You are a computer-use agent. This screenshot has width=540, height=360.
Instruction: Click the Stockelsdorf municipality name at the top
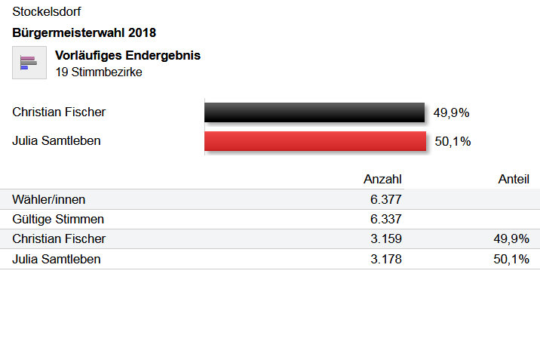coord(47,12)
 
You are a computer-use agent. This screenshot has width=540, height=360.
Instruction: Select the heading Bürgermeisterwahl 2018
coord(84,32)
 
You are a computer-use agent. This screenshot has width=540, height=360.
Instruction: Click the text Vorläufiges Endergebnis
coord(127,56)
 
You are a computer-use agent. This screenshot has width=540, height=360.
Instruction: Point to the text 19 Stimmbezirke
coord(99,72)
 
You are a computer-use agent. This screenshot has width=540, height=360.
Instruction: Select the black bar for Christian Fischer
coord(314,112)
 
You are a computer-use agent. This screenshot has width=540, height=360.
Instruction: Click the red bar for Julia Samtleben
coord(315,141)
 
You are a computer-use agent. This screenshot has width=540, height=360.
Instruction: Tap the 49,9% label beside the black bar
coord(451,113)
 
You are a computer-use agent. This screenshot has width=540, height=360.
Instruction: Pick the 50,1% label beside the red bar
coord(453,141)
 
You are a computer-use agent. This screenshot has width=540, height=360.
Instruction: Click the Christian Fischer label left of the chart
coord(59,112)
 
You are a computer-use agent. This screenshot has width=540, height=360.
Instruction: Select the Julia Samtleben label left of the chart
coord(57,140)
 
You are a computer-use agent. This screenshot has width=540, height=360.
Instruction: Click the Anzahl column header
coord(382,179)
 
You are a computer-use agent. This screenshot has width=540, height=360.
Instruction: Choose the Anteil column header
coord(514,179)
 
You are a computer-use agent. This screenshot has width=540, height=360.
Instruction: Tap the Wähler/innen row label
coord(49,199)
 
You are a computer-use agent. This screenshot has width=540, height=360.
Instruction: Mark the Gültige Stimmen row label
coord(57,219)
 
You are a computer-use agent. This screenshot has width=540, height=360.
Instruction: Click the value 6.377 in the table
coord(385,199)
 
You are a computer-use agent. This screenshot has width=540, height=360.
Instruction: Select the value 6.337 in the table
coord(385,219)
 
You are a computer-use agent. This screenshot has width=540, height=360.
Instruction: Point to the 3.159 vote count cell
coord(385,239)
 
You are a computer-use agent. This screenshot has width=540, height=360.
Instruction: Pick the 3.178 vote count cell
coord(385,259)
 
